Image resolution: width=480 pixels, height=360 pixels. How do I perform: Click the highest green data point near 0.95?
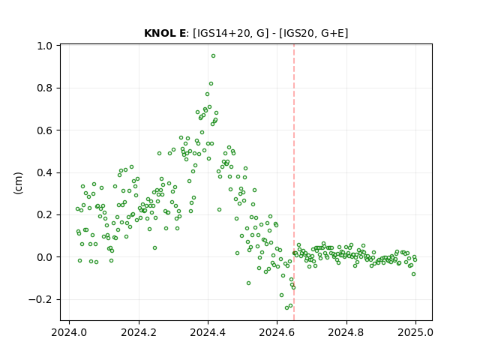pyautogui.click(x=213, y=56)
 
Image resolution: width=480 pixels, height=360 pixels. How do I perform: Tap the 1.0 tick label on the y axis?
pyautogui.click(x=45, y=46)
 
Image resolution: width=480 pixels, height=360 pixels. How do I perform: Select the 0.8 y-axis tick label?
pyautogui.click(x=45, y=88)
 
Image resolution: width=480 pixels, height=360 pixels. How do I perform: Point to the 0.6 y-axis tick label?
pyautogui.click(x=45, y=130)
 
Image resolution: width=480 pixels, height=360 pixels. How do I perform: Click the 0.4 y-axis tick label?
pyautogui.click(x=45, y=172)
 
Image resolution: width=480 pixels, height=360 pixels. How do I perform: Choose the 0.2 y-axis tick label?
pyautogui.click(x=45, y=215)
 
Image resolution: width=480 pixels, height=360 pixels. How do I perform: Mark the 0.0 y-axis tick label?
pyautogui.click(x=45, y=257)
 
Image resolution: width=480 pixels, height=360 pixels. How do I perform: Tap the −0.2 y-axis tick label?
pyautogui.click(x=40, y=299)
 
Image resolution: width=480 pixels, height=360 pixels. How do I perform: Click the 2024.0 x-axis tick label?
pyautogui.click(x=69, y=332)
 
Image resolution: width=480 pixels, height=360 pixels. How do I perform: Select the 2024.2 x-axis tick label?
pyautogui.click(x=139, y=332)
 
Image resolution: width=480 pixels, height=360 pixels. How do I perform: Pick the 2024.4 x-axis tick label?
pyautogui.click(x=208, y=332)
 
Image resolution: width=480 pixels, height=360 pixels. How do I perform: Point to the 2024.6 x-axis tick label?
pyautogui.click(x=277, y=332)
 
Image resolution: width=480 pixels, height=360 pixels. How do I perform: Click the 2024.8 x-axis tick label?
pyautogui.click(x=346, y=332)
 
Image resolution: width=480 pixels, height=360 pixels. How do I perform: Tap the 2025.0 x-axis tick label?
pyautogui.click(x=415, y=332)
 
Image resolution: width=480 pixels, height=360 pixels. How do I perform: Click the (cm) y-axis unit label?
pyautogui.click(x=18, y=183)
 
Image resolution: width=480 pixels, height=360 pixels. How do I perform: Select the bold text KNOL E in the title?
pyautogui.click(x=165, y=33)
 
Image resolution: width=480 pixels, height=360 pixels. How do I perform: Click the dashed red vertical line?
pyautogui.click(x=294, y=182)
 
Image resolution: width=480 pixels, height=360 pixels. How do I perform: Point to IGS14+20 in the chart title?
pyautogui.click(x=227, y=33)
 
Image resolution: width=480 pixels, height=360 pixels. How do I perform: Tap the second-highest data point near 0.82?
pyautogui.click(x=211, y=83)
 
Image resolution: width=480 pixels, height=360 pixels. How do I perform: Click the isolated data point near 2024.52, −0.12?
pyautogui.click(x=248, y=283)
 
